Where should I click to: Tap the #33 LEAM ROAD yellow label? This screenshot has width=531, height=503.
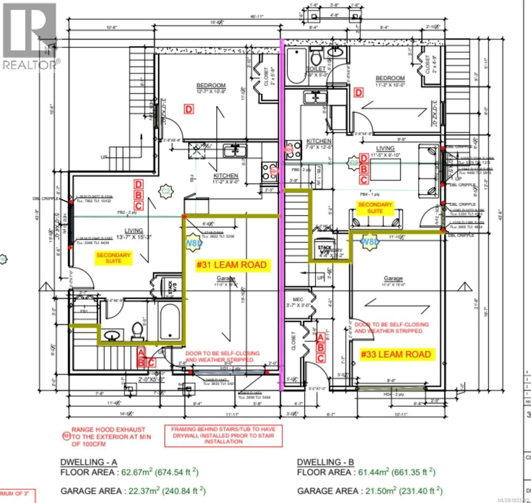[396, 354]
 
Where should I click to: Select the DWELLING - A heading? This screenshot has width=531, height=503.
[88, 462]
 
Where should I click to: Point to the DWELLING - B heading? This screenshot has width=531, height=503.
[325, 462]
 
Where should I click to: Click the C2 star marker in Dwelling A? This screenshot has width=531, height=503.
[165, 191]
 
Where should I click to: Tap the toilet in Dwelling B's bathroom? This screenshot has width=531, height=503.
[316, 58]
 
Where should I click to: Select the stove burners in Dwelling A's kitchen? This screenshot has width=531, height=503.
[269, 171]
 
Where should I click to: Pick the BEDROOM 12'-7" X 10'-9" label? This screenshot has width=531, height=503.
[211, 88]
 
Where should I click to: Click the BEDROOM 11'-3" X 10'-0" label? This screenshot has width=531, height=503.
[390, 81]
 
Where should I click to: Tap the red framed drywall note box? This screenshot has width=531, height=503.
[223, 435]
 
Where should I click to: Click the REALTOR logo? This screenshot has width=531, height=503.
[30, 36]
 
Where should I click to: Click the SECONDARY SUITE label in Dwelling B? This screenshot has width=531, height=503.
[375, 208]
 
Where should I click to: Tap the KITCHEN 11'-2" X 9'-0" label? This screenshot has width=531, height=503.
[226, 178]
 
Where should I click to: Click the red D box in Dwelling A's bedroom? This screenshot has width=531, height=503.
[189, 109]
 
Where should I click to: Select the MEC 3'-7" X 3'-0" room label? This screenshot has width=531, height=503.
[298, 302]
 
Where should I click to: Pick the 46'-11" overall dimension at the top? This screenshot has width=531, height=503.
[257, 16]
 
